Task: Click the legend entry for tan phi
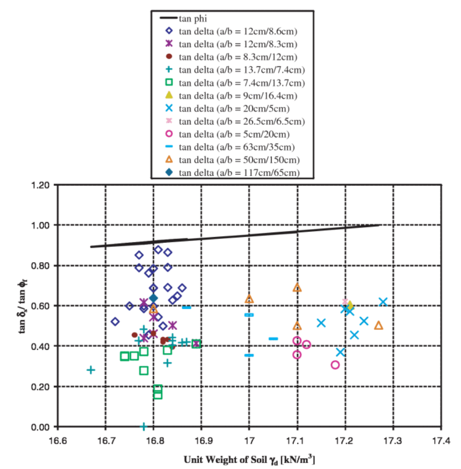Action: (193, 19)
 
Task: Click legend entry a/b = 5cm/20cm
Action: (238, 134)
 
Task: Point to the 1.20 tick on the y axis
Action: (41, 185)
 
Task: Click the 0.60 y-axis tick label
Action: (41, 306)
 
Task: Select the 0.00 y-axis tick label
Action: (41, 426)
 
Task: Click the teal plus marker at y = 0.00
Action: (144, 426)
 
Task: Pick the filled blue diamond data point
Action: (153, 298)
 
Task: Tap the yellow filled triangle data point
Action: (350, 305)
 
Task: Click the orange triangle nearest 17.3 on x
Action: (379, 326)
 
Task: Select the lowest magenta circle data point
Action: (335, 365)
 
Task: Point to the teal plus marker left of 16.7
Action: (91, 370)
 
